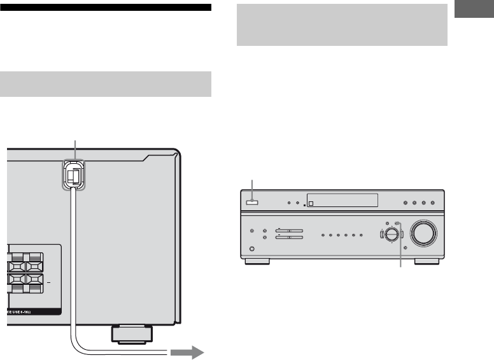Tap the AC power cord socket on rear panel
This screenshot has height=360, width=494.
(74, 174)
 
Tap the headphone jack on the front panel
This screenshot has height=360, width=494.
(252, 248)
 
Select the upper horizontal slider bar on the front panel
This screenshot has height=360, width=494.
(289, 230)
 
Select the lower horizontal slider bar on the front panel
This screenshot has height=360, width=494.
(289, 238)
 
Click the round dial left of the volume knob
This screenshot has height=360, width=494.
(392, 234)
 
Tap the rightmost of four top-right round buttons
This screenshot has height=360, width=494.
(432, 203)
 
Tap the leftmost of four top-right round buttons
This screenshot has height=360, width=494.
(406, 203)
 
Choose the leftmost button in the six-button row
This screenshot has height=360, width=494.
(323, 234)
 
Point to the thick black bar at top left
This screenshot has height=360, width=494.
(108, 8)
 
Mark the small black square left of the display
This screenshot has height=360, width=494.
(304, 205)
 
